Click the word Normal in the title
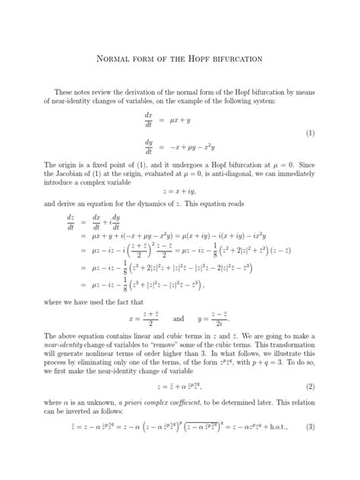tap(113, 58)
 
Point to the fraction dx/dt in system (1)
tap(149, 120)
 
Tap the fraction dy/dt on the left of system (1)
tap(149, 147)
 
